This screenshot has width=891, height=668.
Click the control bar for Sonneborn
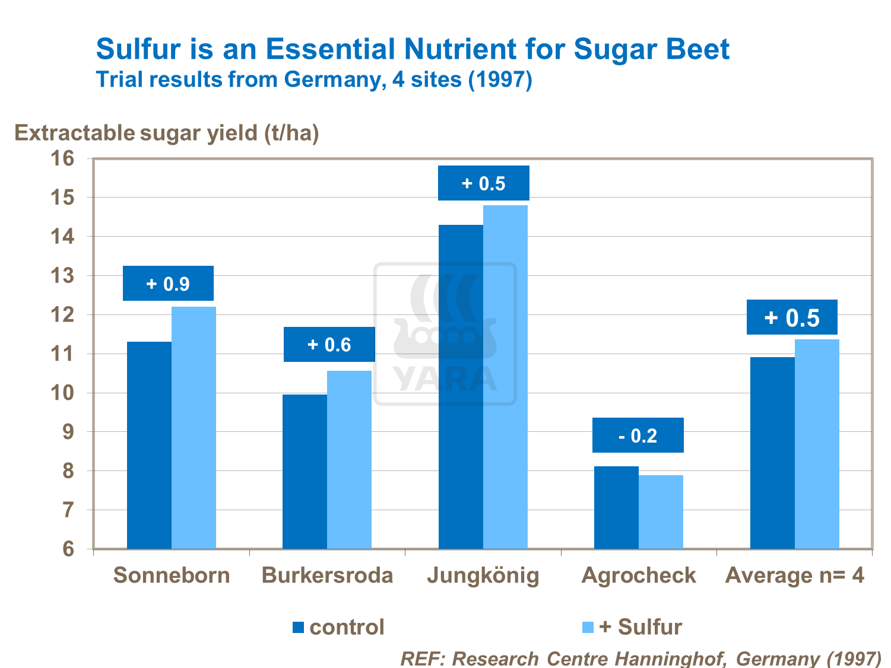(x=149, y=445)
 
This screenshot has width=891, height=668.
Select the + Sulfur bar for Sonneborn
(x=194, y=427)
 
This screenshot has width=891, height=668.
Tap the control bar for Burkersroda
(x=305, y=472)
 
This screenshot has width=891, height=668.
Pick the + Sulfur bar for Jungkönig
(x=505, y=377)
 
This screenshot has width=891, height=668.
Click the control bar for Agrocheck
(x=616, y=507)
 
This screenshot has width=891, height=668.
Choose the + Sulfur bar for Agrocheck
(x=661, y=511)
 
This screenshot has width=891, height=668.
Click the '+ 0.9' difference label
(x=168, y=284)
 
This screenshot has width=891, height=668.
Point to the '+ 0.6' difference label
(x=329, y=345)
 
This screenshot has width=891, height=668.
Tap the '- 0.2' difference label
(x=638, y=435)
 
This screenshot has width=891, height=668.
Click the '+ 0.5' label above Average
(x=792, y=317)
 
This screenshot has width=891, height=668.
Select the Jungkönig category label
(x=483, y=575)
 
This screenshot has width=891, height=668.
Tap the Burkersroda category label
(x=328, y=575)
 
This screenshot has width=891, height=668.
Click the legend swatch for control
(x=298, y=627)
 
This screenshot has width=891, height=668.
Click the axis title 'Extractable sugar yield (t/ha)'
(x=167, y=133)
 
